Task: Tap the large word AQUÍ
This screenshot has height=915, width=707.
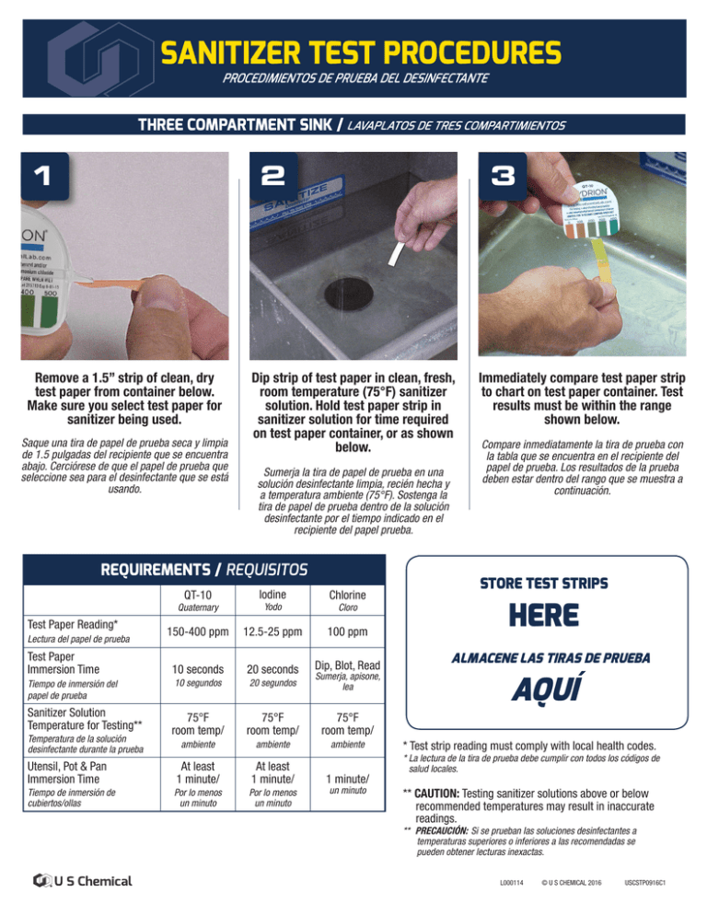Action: coord(541,689)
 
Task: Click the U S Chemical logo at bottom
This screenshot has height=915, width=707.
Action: coord(82,880)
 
